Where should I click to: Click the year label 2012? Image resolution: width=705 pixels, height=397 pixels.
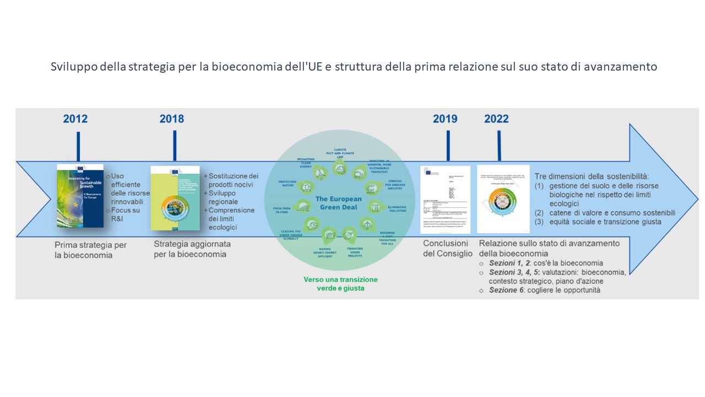click(x=75, y=119)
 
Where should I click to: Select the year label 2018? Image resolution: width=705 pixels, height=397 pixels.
click(x=172, y=119)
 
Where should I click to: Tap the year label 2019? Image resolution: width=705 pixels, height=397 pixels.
click(x=445, y=119)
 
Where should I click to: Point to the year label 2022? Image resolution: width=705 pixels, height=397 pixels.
click(x=496, y=119)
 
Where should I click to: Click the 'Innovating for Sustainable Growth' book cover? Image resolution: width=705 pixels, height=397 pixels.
click(x=80, y=196)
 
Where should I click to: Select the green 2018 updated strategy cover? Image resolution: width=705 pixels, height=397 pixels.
click(x=175, y=197)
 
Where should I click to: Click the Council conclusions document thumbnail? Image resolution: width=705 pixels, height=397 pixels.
click(x=445, y=200)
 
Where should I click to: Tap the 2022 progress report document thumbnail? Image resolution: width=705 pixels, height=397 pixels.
click(x=503, y=198)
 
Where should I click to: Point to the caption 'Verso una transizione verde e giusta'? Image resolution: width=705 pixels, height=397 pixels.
click(x=340, y=283)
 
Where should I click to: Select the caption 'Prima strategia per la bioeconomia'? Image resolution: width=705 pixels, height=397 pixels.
click(x=90, y=249)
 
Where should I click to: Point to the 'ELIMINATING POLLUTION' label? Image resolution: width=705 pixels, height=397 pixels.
click(x=397, y=208)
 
